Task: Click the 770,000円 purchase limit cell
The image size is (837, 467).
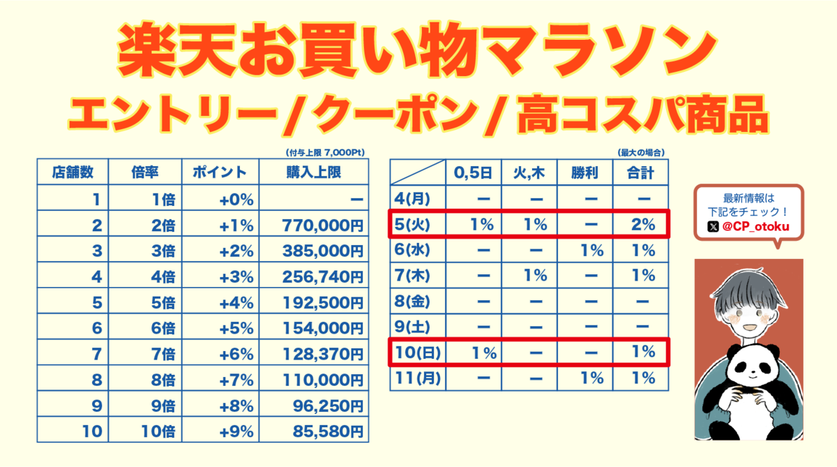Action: pyautogui.click(x=323, y=225)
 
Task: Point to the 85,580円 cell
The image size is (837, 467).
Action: pyautogui.click(x=323, y=431)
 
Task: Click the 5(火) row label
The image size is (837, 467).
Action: pyautogui.click(x=414, y=225)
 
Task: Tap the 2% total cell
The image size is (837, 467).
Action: pyautogui.click(x=640, y=225)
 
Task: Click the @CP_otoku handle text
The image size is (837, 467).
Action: pyautogui.click(x=755, y=226)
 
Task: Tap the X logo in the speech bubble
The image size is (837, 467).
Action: pyautogui.click(x=712, y=226)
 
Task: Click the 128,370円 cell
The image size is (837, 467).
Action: pyautogui.click(x=323, y=354)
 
